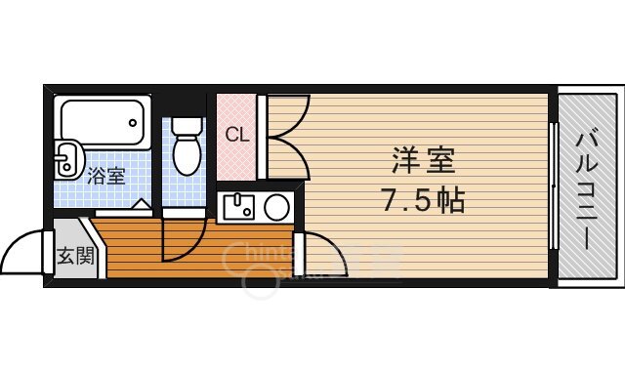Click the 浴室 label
106,177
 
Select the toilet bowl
187,153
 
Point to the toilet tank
187,126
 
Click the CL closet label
237,136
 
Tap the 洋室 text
423,158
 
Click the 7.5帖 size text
422,202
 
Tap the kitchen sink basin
237,207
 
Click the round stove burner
276,207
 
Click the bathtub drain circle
134,122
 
